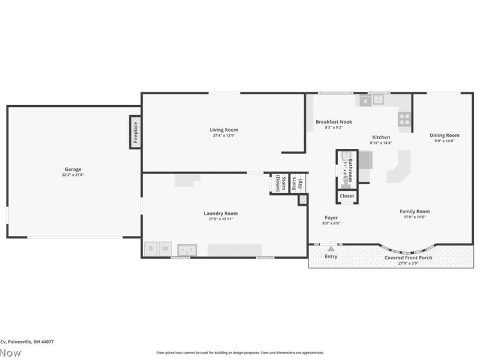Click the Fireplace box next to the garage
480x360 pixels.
coord(135,132)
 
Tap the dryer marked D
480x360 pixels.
coord(151,248)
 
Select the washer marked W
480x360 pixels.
coord(166,248)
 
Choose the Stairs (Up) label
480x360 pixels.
coord(297,183)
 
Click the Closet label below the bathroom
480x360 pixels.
coord(347,196)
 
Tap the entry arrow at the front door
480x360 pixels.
coord(331,247)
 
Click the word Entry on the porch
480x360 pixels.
coord(331,257)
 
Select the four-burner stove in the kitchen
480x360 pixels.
coord(405,119)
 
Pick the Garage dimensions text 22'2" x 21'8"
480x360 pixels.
coord(73,175)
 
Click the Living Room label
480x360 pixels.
coord(224,130)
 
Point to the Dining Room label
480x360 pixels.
coord(445,135)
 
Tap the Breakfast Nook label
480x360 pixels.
coord(334,122)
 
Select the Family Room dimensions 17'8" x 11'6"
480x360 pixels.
coord(415,217)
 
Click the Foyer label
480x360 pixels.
coord(331,217)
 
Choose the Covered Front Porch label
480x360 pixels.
coord(407,257)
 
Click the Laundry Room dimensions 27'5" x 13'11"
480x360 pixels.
coord(221,219)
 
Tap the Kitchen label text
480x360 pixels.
coord(381,137)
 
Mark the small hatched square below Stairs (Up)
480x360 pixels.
coord(302,199)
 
